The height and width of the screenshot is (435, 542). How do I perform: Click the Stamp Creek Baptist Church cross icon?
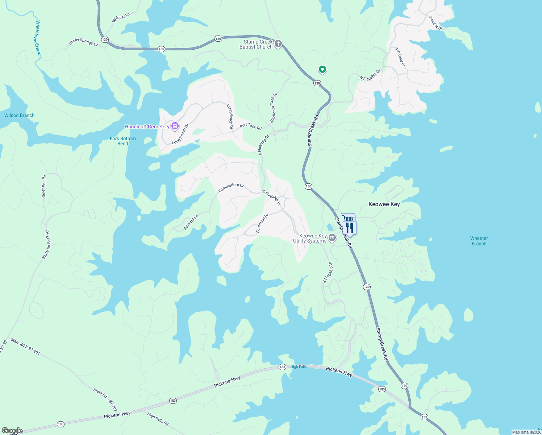pyautogui.click(x=278, y=44)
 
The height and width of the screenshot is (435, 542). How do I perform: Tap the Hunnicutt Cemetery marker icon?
pyautogui.click(x=175, y=127)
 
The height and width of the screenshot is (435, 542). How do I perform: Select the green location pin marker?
pyautogui.click(x=322, y=69)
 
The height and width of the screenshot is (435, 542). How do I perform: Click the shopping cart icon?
pyautogui.click(x=347, y=218)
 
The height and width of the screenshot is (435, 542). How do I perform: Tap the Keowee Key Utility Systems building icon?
pyautogui.click(x=332, y=238)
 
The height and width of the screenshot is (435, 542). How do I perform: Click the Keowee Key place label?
pyautogui.click(x=384, y=204)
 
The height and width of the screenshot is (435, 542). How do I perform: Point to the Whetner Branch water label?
pyautogui.click(x=479, y=241)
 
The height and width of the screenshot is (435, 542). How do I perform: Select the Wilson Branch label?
pyautogui.click(x=20, y=115)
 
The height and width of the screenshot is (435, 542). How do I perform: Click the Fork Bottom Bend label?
pyautogui.click(x=123, y=141)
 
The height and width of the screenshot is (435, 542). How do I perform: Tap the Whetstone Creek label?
pyautogui.click(x=38, y=38)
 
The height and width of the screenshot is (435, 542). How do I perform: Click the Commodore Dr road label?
pyautogui.click(x=231, y=187)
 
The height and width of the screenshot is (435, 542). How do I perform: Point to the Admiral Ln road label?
pyautogui.click(x=191, y=223)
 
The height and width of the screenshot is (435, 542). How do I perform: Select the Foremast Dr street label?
pyautogui.click(x=262, y=223)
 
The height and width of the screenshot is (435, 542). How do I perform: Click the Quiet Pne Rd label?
pyautogui.click(x=44, y=186)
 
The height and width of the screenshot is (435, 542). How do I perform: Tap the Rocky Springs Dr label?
pyautogui.click(x=83, y=42)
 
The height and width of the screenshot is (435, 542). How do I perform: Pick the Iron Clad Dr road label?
pyautogui.click(x=400, y=57)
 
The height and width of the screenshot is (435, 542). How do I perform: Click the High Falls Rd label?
pyautogui.click(x=158, y=419)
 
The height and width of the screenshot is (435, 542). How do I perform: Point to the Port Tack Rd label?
pyautogui.click(x=251, y=126)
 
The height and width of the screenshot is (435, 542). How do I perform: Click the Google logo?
pyautogui.click(x=12, y=431)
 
